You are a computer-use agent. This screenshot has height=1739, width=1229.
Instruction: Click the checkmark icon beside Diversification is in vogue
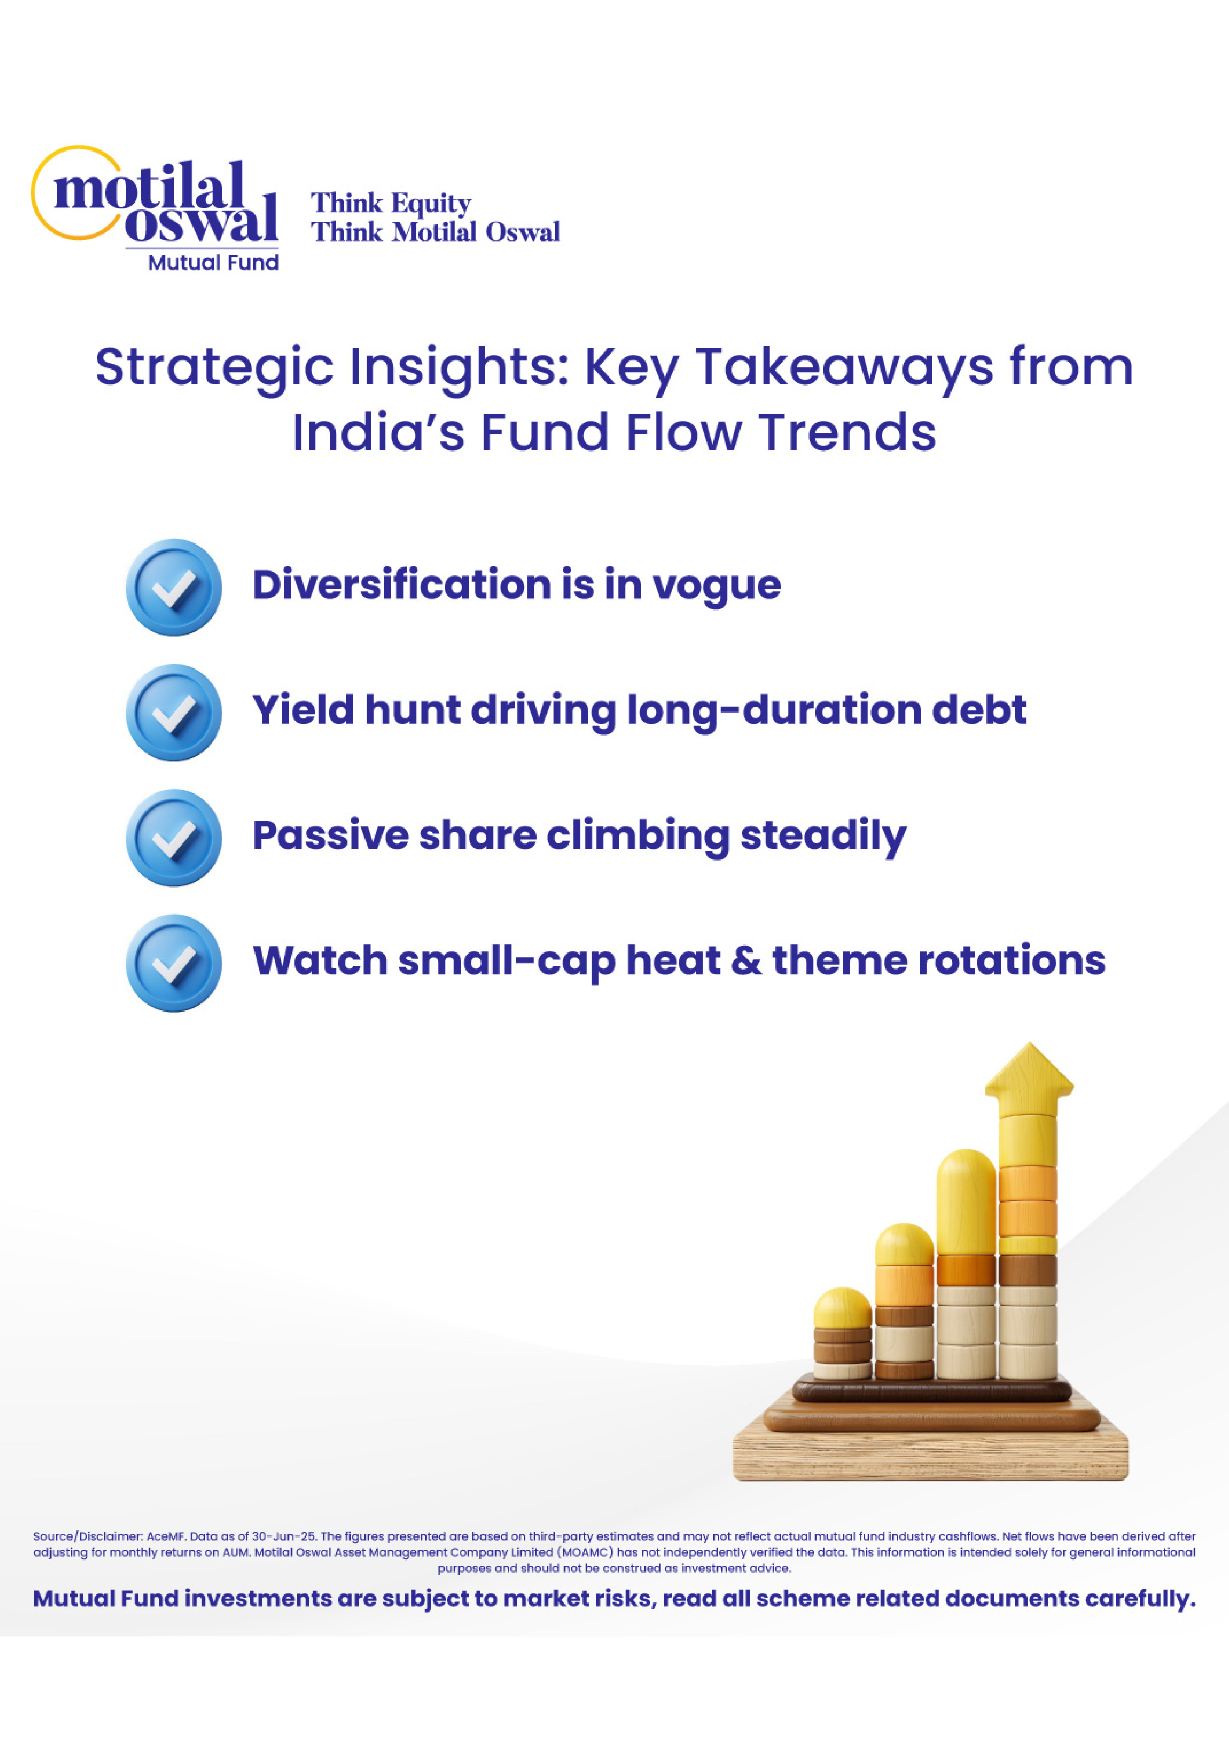click(x=173, y=587)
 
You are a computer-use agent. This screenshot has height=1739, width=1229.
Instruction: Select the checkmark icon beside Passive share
click(x=173, y=838)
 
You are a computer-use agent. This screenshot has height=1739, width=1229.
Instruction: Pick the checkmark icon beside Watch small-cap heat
click(x=173, y=963)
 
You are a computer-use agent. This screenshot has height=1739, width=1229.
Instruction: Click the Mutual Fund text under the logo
click(x=214, y=262)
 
